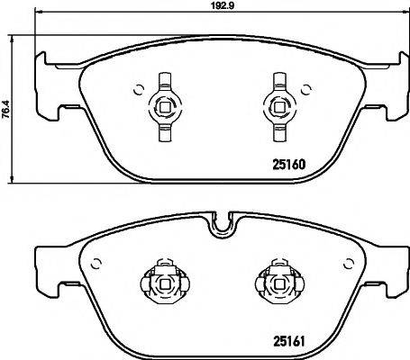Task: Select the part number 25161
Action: coord(290,339)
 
